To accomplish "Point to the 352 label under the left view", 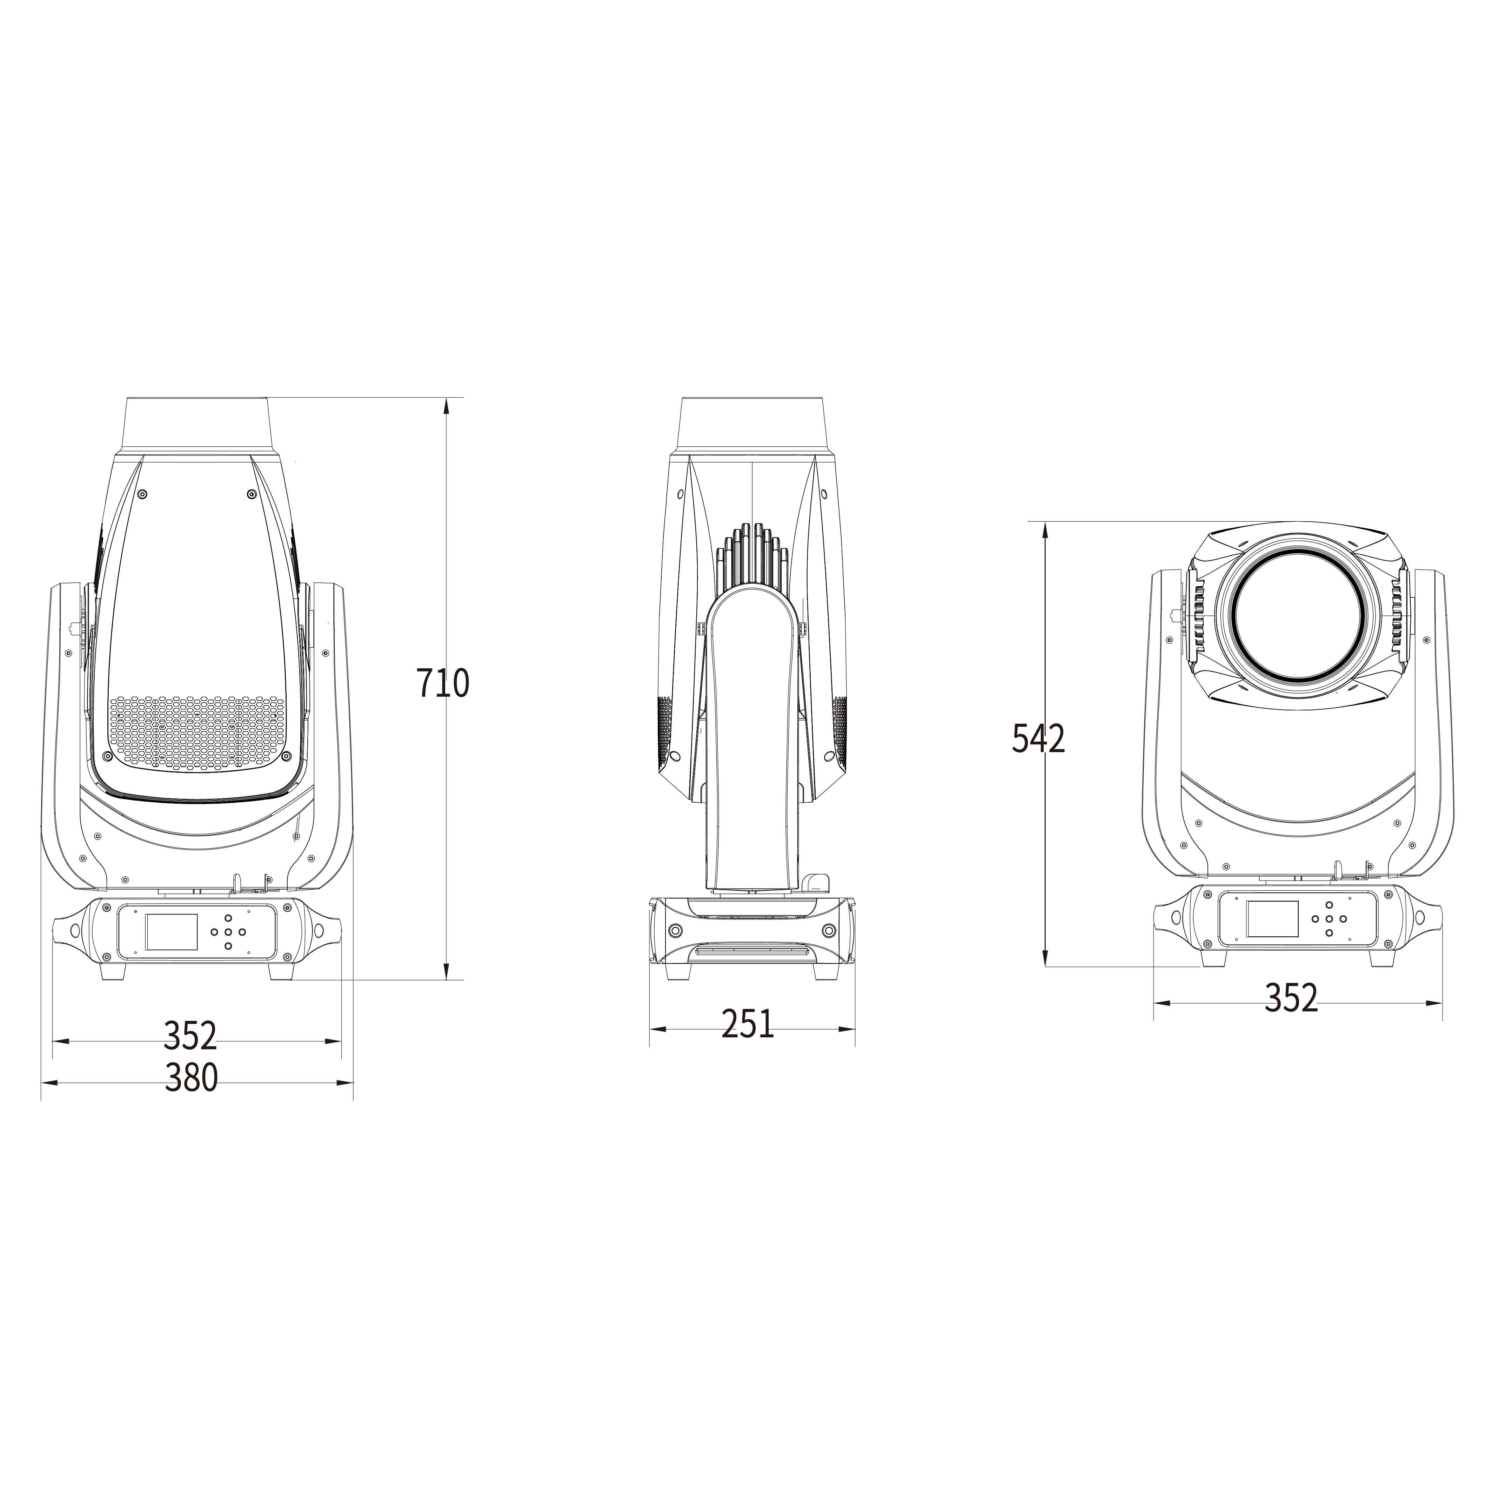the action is click(191, 1036).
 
